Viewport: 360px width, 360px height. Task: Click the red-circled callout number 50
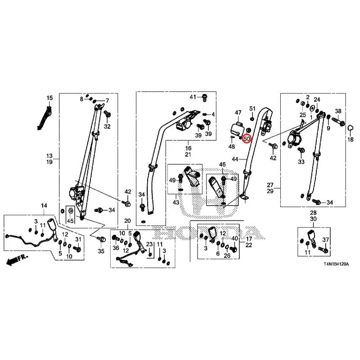247,139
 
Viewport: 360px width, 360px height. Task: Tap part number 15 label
49,98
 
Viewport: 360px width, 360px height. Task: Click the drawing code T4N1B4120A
336,264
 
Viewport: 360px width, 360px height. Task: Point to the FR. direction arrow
17,260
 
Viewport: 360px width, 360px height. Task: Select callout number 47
238,112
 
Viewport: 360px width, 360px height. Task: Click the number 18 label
351,139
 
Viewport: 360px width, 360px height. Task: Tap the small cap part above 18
350,128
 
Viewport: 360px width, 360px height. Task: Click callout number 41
193,97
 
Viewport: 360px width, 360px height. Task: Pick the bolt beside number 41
204,98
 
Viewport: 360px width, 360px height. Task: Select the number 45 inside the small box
70,221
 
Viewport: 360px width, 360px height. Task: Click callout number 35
101,251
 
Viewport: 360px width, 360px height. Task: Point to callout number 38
338,111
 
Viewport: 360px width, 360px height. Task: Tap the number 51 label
252,108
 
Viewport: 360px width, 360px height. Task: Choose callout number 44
235,159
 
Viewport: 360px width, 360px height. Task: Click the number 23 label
149,244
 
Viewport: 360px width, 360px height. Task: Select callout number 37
325,240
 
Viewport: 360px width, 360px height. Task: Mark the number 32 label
107,126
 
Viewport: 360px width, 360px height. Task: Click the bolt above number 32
107,114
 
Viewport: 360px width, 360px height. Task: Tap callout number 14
44,206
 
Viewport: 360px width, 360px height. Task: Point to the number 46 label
222,164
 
